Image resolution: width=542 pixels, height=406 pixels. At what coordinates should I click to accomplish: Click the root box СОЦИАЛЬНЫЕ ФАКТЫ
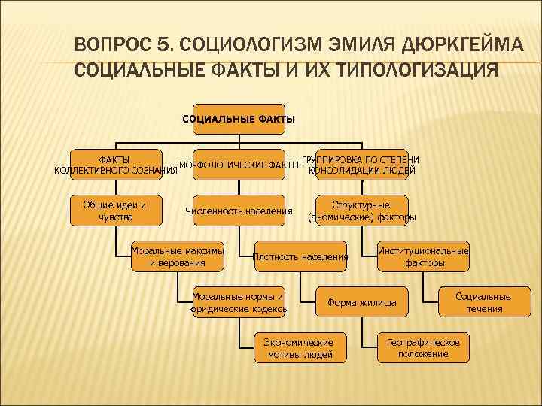tap(239, 119)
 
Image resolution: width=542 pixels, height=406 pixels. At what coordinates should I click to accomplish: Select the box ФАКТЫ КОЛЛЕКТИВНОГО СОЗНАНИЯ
tap(115, 165)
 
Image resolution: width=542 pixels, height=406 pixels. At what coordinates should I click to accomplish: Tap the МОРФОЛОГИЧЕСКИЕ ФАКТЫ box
tap(239, 165)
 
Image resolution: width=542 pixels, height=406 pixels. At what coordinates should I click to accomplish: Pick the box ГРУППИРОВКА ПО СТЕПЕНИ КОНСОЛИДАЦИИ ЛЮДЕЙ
tap(362, 165)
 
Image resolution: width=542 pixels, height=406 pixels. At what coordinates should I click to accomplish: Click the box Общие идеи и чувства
tap(115, 211)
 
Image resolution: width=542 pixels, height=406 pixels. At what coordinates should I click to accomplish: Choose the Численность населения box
tap(239, 211)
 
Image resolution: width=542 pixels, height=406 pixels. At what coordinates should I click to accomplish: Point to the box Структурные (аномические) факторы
tap(362, 211)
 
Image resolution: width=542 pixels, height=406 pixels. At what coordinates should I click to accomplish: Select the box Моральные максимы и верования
tap(177, 256)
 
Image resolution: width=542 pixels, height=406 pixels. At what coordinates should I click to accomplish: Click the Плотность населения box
tap(300, 256)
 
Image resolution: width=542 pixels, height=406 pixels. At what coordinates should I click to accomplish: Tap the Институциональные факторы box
tap(424, 256)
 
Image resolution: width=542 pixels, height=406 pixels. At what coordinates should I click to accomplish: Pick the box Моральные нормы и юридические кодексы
tap(239, 302)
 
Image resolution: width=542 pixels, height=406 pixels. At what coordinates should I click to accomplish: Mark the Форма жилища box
tap(362, 302)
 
